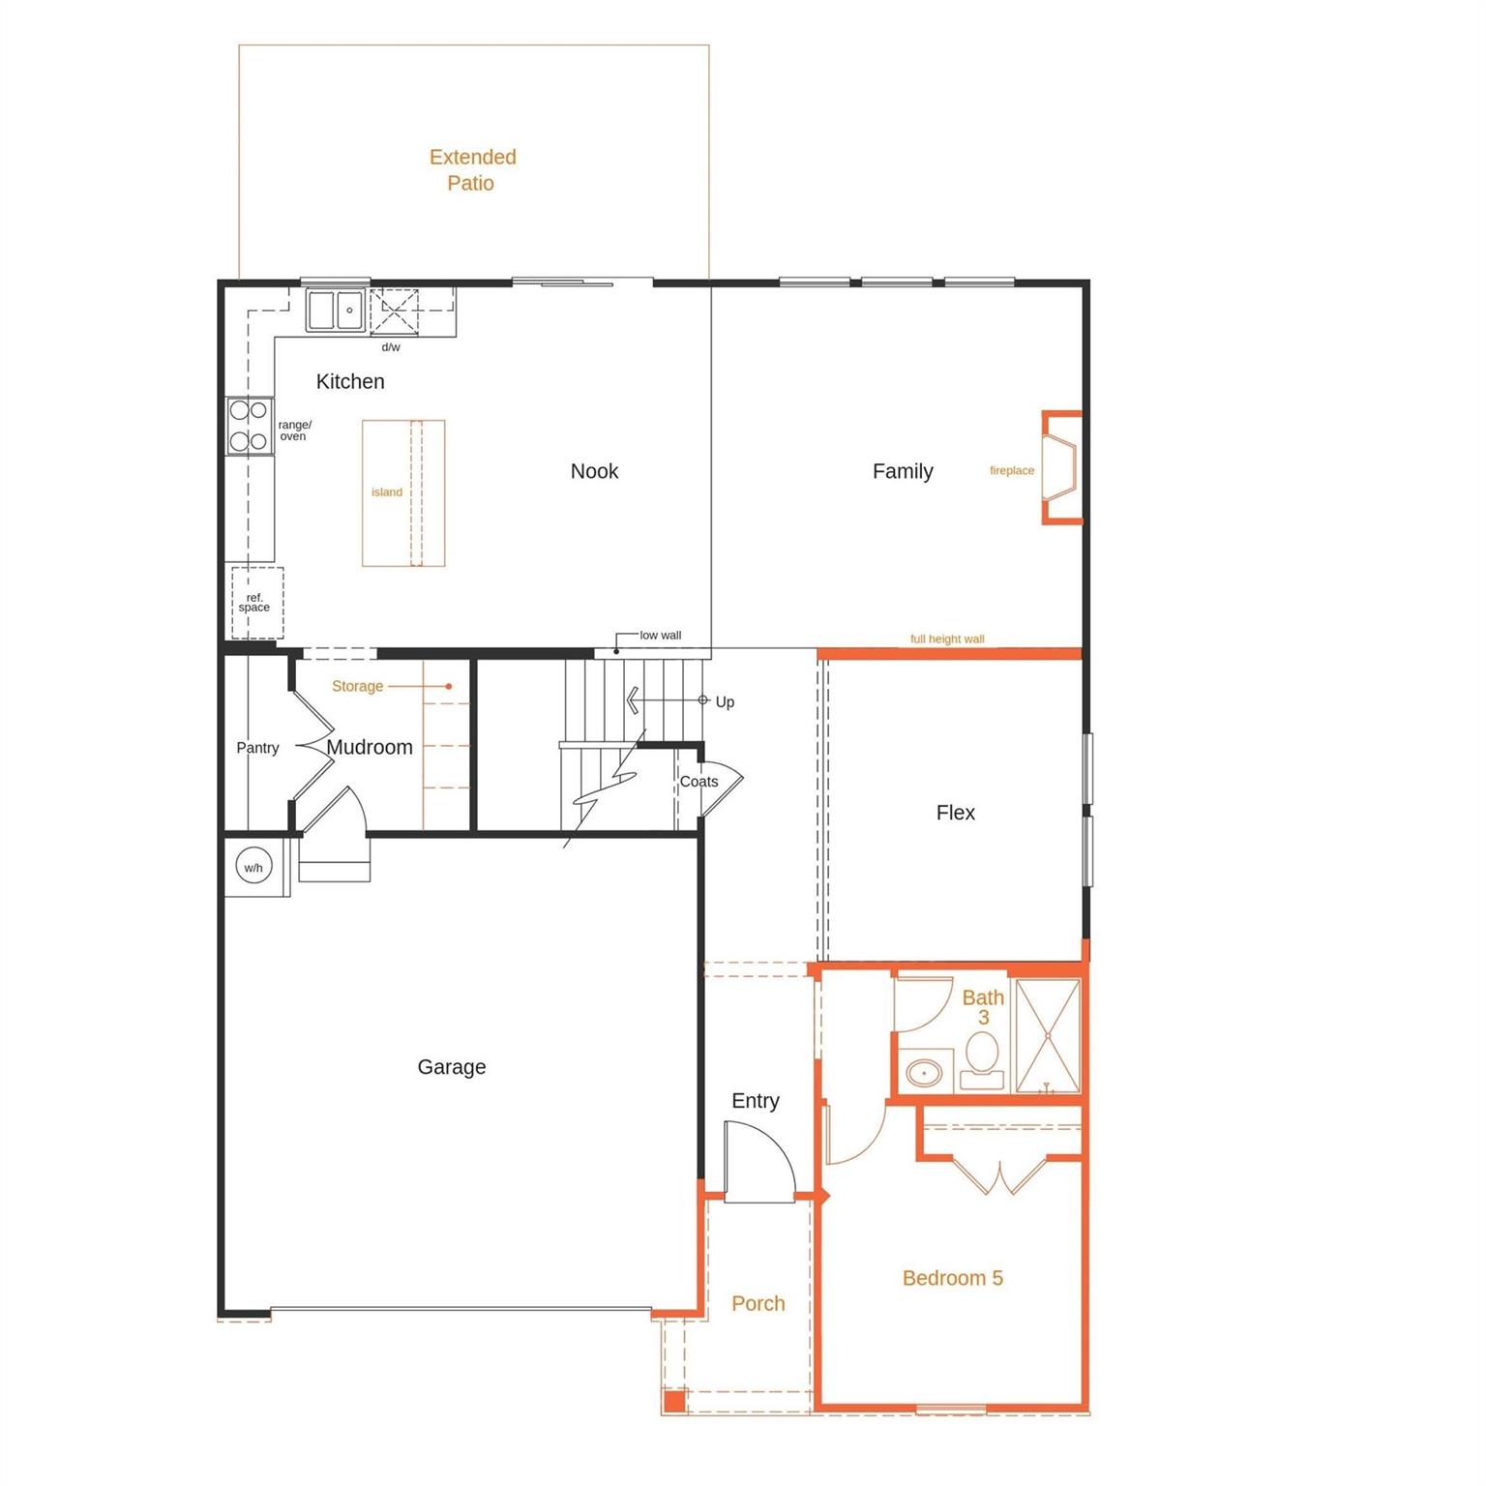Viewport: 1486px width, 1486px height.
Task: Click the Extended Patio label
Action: coord(472,169)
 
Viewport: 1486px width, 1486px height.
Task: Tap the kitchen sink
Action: coord(336,311)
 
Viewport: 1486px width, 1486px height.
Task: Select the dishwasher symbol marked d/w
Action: coord(395,312)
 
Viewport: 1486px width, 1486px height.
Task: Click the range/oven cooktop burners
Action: coord(249,426)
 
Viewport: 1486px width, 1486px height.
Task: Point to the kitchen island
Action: coord(403,492)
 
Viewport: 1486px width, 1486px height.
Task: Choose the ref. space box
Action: coord(256,603)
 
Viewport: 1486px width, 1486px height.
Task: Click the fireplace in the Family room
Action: coord(1061,468)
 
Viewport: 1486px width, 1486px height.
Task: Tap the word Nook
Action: coord(594,471)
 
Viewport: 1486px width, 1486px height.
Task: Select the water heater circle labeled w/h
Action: coord(253,867)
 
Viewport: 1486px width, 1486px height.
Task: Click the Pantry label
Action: coord(257,748)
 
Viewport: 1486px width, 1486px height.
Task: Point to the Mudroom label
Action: coord(370,747)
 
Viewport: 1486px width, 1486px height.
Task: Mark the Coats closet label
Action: coord(698,782)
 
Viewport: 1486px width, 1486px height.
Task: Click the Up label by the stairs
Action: coord(725,702)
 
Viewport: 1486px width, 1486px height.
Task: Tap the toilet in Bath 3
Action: coord(982,1060)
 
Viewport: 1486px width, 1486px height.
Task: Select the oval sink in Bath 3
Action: coord(924,1073)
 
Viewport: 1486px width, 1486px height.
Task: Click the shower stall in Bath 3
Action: coord(1047,1037)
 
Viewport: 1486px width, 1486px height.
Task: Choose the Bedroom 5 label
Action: coord(952,1278)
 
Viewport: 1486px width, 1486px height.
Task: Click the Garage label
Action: coord(452,1067)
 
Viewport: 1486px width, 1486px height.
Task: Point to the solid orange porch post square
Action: coord(674,1400)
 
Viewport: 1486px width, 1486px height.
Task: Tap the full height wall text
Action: coord(947,639)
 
